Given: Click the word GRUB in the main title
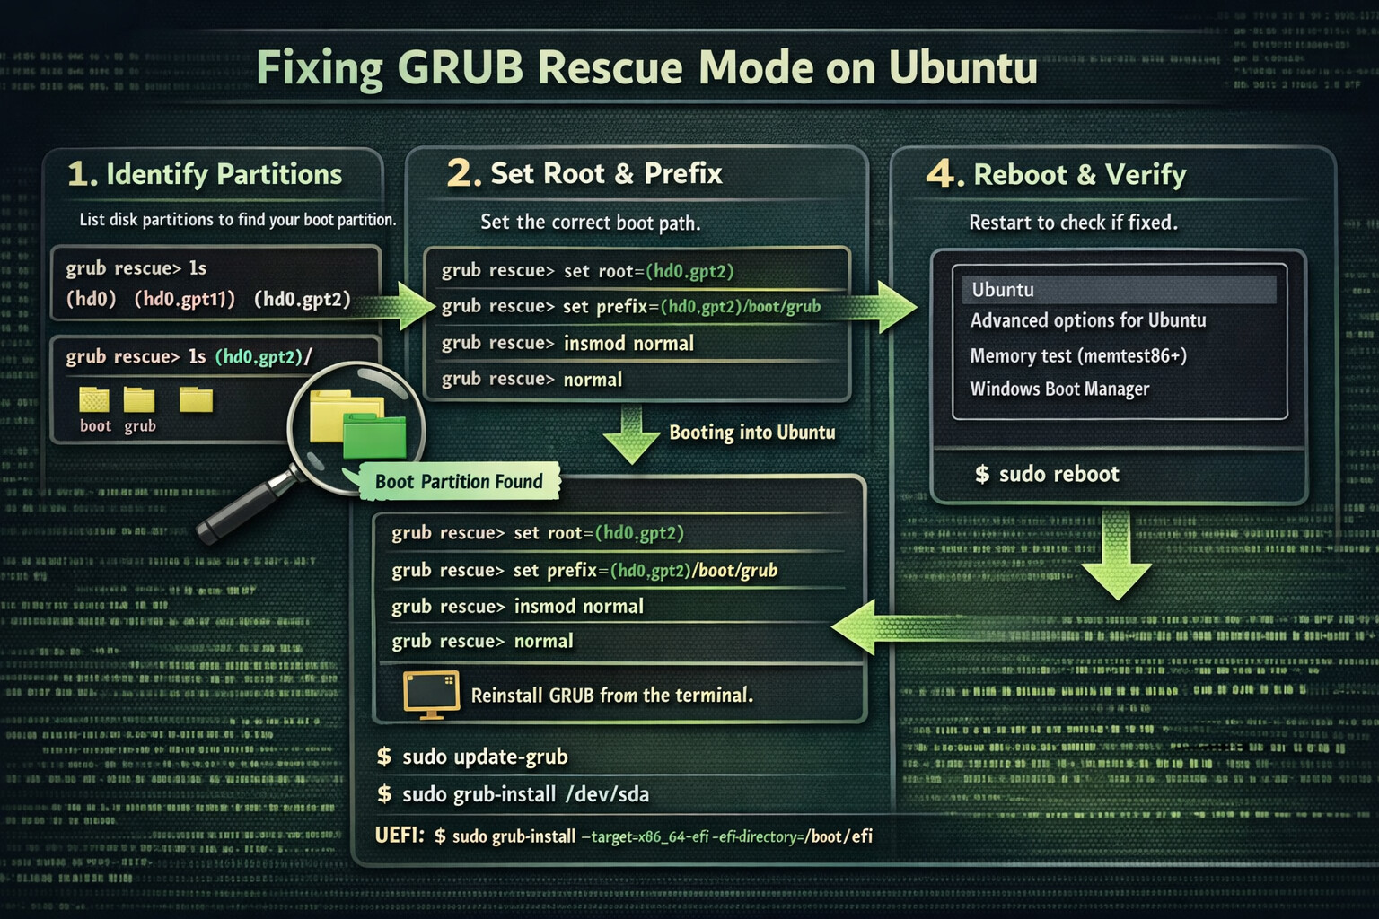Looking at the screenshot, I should [460, 68].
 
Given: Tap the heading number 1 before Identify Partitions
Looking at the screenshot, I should [81, 174].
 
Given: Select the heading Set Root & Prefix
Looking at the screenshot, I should [606, 173].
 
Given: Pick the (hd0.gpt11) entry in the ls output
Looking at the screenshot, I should [185, 299].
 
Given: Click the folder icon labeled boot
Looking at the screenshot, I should [94, 399].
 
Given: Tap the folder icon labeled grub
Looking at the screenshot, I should [139, 399].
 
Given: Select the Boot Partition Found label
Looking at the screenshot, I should [459, 482].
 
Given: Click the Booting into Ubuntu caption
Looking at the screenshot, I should [751, 433].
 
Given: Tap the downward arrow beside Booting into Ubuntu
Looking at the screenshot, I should [632, 436].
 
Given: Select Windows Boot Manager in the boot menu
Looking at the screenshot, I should [1059, 389].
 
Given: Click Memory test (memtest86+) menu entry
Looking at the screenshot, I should [1078, 356].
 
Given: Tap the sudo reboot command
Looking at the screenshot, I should [1048, 474].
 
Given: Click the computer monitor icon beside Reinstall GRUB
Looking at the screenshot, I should [432, 694].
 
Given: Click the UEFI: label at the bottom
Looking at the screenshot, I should [400, 836].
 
